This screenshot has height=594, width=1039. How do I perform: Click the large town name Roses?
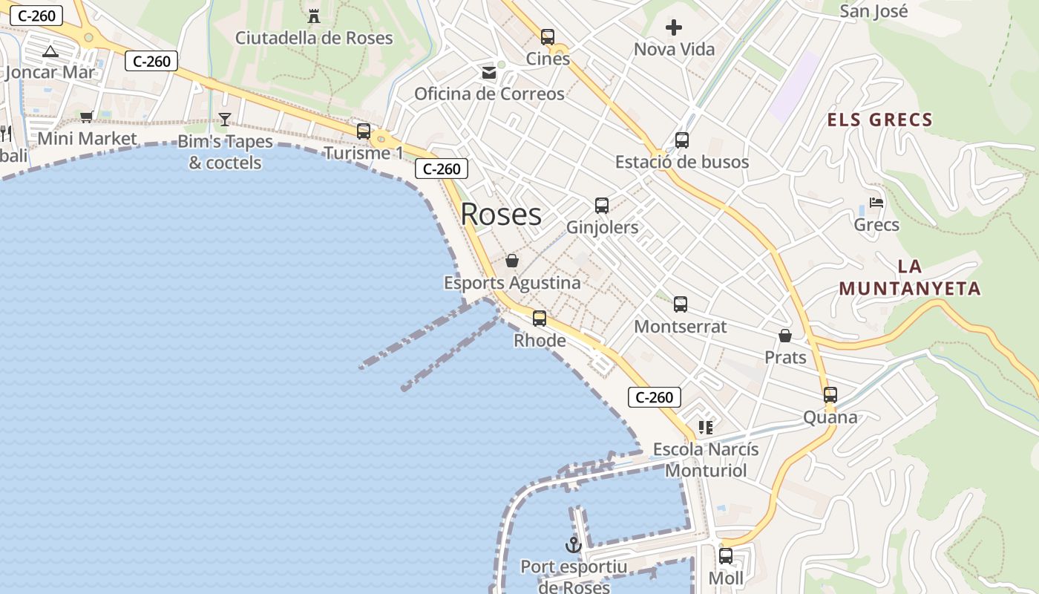click(501, 215)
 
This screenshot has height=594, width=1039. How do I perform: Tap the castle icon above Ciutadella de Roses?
click(314, 16)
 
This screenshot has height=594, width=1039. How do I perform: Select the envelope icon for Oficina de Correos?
click(489, 73)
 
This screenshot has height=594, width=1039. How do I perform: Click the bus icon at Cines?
click(548, 37)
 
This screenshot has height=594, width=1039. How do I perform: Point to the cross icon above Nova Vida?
click(674, 28)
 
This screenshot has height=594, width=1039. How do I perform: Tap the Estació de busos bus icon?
click(682, 140)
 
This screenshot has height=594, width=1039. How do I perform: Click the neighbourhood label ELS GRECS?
click(879, 120)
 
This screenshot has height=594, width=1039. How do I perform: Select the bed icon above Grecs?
click(876, 203)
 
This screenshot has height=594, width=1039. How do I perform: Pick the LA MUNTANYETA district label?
click(910, 278)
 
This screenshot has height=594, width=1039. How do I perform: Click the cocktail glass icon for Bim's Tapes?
click(225, 119)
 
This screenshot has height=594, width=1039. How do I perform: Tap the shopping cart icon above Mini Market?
click(87, 117)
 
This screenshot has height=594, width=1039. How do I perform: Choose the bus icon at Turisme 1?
click(364, 131)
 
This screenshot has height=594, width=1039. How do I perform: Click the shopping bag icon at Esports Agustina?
click(512, 261)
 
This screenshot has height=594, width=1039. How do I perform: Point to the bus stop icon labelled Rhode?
click(540, 319)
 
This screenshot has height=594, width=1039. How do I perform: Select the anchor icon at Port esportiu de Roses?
click(573, 545)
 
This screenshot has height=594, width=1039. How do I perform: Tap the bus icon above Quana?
click(830, 395)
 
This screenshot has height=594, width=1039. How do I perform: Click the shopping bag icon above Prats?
click(785, 336)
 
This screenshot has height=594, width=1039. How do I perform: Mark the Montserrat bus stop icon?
click(681, 304)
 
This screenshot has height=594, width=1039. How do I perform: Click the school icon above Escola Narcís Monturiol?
click(705, 428)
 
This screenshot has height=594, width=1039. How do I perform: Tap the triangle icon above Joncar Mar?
click(50, 51)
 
